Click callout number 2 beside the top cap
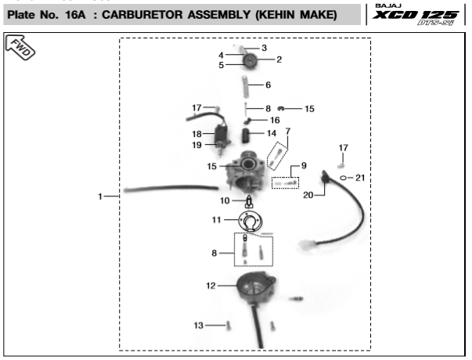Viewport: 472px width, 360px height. coord(279,59)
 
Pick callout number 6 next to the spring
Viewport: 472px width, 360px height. coord(268,85)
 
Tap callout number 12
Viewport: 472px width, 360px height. coord(211,286)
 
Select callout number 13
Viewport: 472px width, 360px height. coord(198,325)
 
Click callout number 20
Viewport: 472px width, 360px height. coord(308,195)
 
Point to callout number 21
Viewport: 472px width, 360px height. coord(360,178)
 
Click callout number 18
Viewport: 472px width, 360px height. coord(198,134)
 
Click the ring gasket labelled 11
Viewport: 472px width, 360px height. coord(250,223)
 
